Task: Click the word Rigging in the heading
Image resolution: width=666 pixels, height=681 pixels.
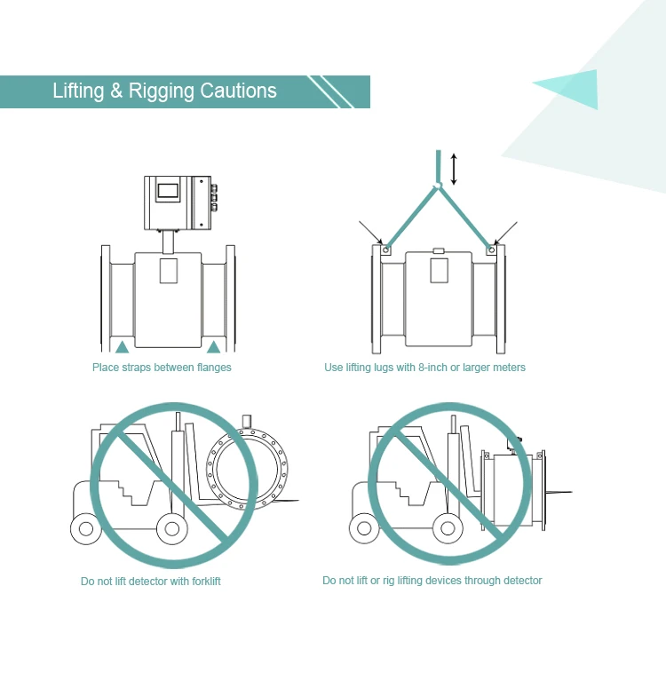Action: [x=162, y=91]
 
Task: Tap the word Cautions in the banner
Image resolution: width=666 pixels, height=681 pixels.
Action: [x=238, y=91]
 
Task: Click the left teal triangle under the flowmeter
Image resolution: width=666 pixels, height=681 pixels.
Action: [x=122, y=347]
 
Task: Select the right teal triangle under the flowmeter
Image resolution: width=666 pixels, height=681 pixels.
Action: [x=213, y=347]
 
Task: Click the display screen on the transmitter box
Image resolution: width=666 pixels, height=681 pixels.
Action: [x=168, y=190]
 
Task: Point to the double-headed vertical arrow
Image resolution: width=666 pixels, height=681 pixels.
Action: [x=454, y=169]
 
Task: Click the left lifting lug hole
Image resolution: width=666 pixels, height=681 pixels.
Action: [x=385, y=250]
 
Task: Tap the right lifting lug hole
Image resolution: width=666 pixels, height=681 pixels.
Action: [x=491, y=250]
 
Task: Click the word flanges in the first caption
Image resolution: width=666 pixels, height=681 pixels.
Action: [x=214, y=368]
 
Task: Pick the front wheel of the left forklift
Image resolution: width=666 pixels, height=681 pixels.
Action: [x=172, y=528]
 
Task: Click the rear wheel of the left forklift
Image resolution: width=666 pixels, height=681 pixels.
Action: [x=86, y=528]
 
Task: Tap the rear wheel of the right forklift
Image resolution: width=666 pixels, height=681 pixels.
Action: [x=364, y=528]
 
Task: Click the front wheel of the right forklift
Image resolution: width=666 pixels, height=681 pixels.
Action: [x=448, y=528]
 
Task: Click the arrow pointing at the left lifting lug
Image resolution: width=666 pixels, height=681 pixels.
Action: [x=370, y=233]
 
